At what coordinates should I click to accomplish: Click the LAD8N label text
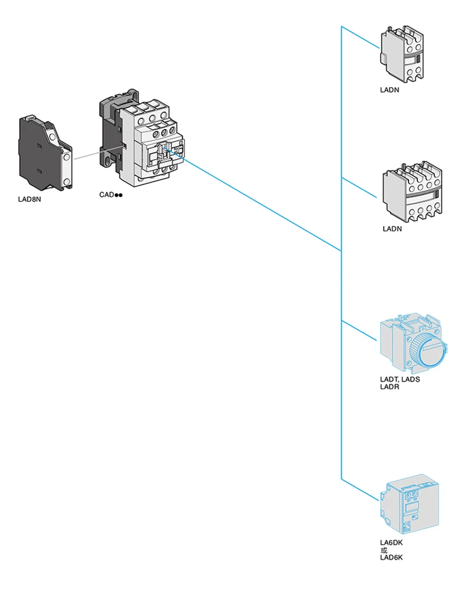(30, 199)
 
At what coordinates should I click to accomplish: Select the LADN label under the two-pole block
(389, 90)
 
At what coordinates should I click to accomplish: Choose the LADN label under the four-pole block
(392, 229)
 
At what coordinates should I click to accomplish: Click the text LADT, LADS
(400, 379)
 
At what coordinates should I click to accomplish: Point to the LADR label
(389, 387)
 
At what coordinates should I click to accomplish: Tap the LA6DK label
(392, 542)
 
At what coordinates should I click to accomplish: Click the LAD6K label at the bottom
(392, 558)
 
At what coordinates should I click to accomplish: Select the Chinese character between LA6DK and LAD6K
(384, 551)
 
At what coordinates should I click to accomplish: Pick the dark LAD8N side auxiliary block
(46, 153)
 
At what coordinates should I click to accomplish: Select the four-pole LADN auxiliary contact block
(412, 191)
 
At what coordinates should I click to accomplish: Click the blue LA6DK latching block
(409, 504)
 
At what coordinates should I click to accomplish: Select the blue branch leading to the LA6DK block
(360, 489)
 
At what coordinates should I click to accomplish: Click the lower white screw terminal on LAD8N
(67, 182)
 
